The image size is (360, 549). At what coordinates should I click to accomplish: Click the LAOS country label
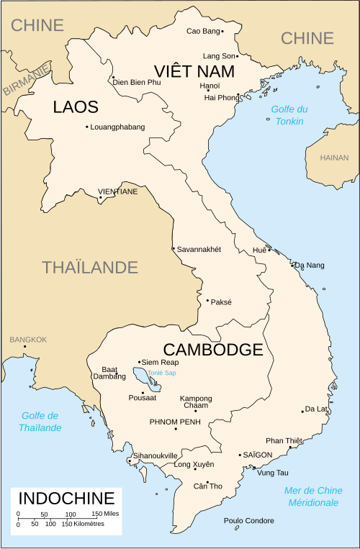pos(75,107)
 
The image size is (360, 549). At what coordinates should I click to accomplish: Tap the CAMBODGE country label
pos(213,350)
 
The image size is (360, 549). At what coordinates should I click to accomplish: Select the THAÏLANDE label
pos(90,267)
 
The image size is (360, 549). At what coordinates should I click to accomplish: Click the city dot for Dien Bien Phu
pos(113,78)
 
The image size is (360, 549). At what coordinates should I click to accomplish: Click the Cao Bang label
pos(203,31)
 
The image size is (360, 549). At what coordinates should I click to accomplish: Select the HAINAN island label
pos(334,158)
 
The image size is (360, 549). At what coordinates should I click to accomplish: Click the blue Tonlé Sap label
pos(161,373)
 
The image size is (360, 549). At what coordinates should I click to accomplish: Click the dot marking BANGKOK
pos(25,347)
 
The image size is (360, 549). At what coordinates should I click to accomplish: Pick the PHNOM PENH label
pos(174,421)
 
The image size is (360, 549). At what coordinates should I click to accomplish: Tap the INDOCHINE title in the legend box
pos(66,498)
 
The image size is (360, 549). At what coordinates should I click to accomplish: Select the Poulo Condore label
pos(248,520)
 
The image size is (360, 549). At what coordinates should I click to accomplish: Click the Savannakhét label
pos(199,249)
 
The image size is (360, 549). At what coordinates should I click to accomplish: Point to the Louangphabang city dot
pos(87,127)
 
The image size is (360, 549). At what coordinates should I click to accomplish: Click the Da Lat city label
pos(317,409)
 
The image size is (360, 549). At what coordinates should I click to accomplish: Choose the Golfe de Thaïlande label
pos(40,422)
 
